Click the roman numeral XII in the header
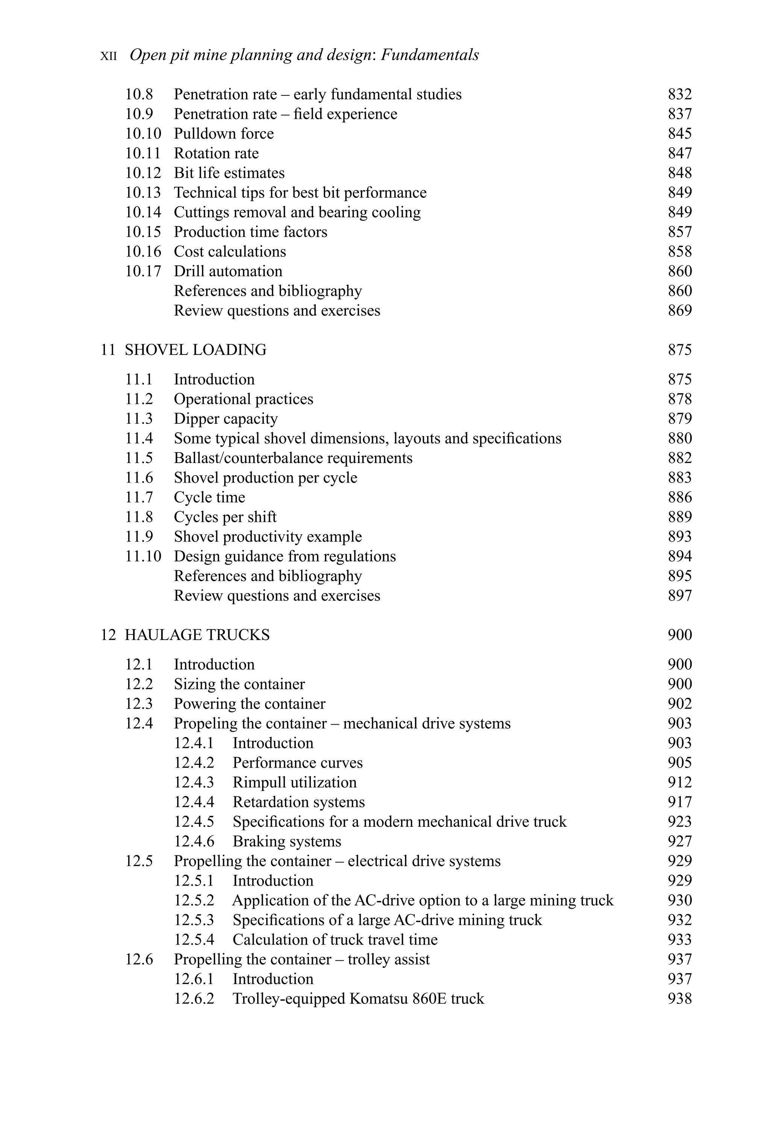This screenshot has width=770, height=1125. coord(109,56)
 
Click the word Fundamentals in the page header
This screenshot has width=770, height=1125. coord(430,55)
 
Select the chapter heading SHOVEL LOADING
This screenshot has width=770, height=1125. coord(195,350)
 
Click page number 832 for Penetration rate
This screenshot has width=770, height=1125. coord(679,94)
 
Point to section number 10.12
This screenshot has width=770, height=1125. coord(143,173)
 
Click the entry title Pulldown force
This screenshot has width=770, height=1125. coord(224,133)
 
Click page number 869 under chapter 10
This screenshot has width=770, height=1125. coord(679,310)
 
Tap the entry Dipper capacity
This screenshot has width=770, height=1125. coord(226,419)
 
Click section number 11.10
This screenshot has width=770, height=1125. coord(143,556)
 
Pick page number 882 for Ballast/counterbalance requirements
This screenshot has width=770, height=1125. coord(679,458)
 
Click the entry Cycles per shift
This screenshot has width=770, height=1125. coord(225,517)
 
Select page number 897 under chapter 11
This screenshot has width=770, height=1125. coord(679,595)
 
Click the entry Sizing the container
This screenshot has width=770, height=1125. coord(239,684)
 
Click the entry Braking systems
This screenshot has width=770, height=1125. coord(287,841)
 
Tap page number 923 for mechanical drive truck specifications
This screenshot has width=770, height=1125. coord(679,822)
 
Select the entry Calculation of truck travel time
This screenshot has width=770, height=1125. coord(335,940)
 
